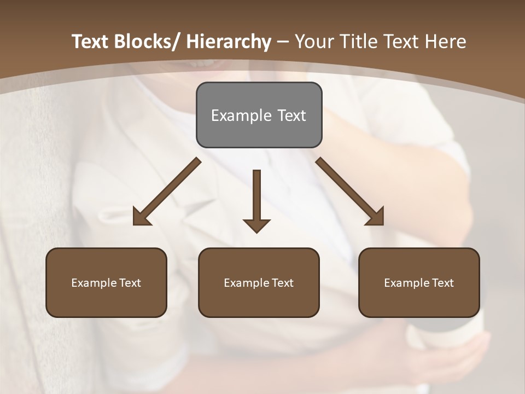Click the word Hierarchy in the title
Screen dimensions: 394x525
[229, 42]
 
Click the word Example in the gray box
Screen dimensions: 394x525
[241, 115]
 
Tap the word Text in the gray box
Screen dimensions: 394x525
[291, 115]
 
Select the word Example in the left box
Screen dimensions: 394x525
[90, 283]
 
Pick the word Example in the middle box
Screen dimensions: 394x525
[243, 283]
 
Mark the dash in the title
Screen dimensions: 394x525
[283, 42]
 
